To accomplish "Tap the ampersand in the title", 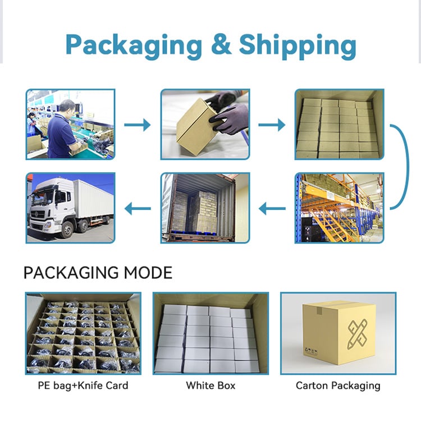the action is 221,44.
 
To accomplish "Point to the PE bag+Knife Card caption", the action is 83,385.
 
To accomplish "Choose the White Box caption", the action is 210,385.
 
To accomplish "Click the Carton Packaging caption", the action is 338,386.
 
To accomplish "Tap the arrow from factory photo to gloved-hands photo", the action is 138,125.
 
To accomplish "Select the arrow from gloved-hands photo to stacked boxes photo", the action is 272,125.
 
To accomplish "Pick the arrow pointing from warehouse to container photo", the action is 272,209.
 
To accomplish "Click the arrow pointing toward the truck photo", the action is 138,209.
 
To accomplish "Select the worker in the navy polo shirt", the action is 61,130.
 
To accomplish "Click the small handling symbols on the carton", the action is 311,351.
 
